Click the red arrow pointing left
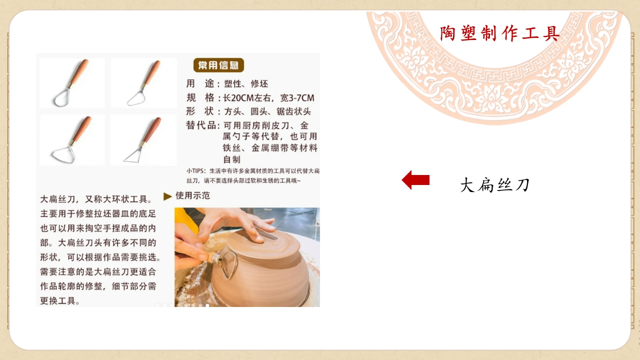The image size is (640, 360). (x=415, y=180)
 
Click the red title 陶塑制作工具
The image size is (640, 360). (x=499, y=33)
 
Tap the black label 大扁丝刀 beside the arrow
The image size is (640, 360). (x=495, y=185)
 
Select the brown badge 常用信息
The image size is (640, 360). (x=218, y=65)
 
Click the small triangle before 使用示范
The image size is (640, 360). (x=167, y=196)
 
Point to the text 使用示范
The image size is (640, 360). (x=193, y=195)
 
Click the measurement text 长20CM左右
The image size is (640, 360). (x=247, y=98)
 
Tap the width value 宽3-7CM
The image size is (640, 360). (x=297, y=98)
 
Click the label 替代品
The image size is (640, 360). (x=201, y=125)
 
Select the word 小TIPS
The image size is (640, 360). (x=195, y=171)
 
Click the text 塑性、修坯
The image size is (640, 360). (x=246, y=83)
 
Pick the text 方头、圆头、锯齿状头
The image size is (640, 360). (x=267, y=111)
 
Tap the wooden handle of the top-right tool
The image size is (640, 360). (x=152, y=73)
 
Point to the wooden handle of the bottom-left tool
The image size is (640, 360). (x=82, y=130)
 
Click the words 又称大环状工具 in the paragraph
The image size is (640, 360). (x=116, y=199)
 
